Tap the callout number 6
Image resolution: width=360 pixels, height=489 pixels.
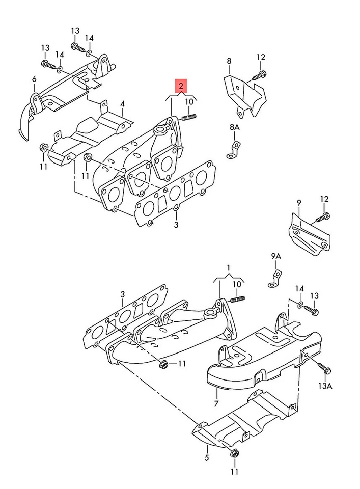(34, 79)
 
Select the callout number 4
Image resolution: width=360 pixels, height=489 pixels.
(122, 104)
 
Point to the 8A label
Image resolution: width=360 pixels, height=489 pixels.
(234, 127)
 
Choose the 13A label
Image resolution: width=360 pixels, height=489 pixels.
(326, 387)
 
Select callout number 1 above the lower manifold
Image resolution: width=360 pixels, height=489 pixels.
(229, 267)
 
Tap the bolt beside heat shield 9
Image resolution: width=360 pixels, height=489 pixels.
(323, 218)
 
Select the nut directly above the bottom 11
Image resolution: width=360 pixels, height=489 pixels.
(234, 452)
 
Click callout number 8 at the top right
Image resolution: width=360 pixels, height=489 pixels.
(229, 61)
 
